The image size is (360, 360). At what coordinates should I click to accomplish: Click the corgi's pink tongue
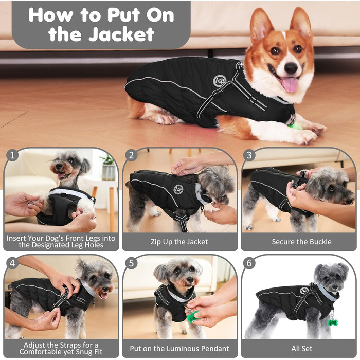290,84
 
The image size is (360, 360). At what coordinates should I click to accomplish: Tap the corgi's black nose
291,67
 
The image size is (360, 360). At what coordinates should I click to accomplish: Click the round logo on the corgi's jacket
220,81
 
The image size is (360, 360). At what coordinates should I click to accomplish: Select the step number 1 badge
12,155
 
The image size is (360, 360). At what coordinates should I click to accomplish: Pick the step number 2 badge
131,155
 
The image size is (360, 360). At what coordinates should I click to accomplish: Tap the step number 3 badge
249,155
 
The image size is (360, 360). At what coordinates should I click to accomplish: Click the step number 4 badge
12,263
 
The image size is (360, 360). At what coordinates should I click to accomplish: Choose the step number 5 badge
131,263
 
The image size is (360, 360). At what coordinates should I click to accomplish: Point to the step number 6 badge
249,263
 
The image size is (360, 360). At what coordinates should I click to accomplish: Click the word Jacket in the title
122,34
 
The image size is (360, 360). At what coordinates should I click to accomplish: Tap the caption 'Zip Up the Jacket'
179,242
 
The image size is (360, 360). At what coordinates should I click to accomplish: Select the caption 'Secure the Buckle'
302,242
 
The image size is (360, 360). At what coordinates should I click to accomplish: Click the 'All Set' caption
302,349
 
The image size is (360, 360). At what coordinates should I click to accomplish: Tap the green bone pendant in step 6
332,322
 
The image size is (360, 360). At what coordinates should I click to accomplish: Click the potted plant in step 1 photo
108,167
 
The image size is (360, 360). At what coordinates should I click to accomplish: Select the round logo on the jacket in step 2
178,189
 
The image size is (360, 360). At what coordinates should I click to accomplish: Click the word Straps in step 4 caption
71,345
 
